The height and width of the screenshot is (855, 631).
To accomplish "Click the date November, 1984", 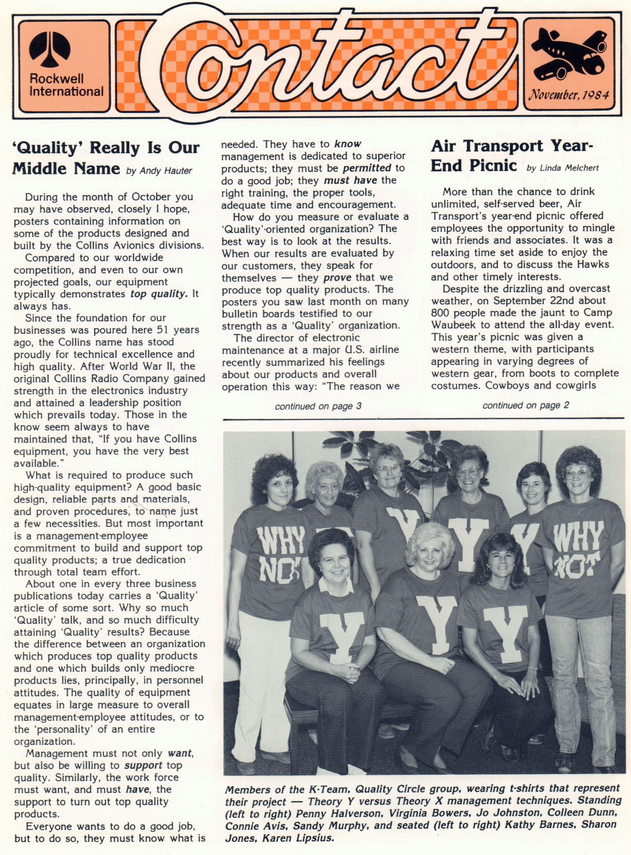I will [568, 95].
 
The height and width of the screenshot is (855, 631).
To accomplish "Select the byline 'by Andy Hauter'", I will [159, 170].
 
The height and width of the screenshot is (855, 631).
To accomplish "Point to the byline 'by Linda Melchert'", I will [562, 168].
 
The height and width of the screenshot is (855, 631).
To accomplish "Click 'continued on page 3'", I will [318, 406].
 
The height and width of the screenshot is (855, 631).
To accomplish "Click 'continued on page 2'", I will [525, 405].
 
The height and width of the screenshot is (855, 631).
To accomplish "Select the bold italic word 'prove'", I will [337, 277].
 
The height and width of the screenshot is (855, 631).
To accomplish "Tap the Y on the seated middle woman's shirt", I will [437, 623].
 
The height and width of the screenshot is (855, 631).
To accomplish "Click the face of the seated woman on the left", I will [333, 562].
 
